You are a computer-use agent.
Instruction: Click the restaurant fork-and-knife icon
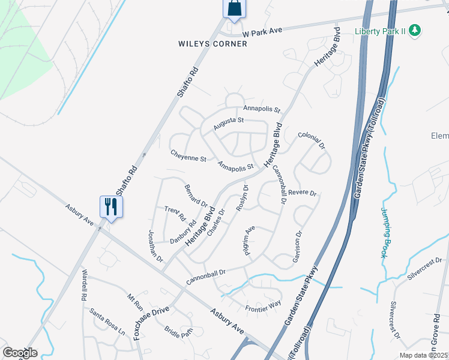(x=111, y=206)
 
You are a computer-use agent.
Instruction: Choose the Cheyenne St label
(x=188, y=157)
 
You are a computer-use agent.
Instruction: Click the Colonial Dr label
(x=311, y=141)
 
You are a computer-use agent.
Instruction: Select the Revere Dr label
(x=302, y=193)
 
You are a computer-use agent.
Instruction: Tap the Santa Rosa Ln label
(x=107, y=321)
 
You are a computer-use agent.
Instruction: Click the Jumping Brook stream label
(x=384, y=233)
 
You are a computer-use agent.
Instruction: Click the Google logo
(x=20, y=353)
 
